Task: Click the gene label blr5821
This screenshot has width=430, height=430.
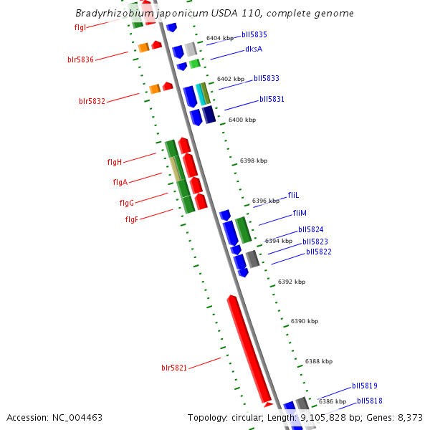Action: (x=174, y=368)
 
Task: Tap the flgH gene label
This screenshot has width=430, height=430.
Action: (x=114, y=162)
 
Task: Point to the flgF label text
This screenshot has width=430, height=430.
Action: (x=131, y=219)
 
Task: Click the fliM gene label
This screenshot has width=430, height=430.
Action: (x=300, y=214)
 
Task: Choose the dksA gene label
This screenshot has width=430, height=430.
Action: (x=254, y=49)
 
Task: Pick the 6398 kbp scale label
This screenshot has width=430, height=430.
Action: (x=254, y=161)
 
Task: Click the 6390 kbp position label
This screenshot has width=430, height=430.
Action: (x=304, y=322)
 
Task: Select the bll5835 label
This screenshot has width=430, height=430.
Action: (x=254, y=34)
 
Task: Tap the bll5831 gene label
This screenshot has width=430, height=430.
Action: (x=272, y=99)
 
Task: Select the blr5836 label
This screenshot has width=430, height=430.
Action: (x=80, y=59)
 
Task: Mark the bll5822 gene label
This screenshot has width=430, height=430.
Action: (x=318, y=252)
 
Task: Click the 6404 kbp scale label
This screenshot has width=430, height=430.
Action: (x=220, y=38)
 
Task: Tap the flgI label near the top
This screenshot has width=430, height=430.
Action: (x=80, y=27)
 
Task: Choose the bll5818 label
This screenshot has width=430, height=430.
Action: (x=369, y=401)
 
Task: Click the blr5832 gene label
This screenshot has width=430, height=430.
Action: (x=92, y=101)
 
